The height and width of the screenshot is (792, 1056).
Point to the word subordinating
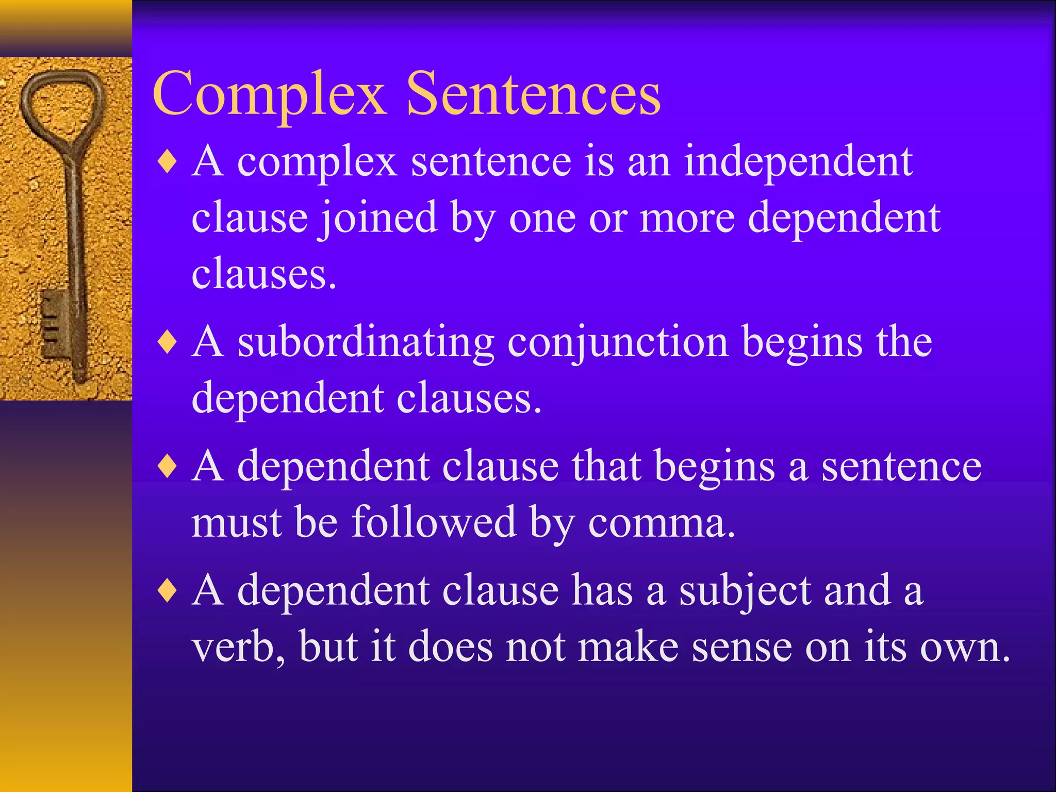pyautogui.click(x=366, y=342)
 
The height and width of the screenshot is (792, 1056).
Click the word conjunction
pyautogui.click(x=618, y=343)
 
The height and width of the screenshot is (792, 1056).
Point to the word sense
pyautogui.click(x=741, y=648)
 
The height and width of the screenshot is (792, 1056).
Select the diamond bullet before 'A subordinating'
pyautogui.click(x=168, y=342)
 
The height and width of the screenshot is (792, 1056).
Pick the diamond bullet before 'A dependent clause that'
pyautogui.click(x=168, y=467)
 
